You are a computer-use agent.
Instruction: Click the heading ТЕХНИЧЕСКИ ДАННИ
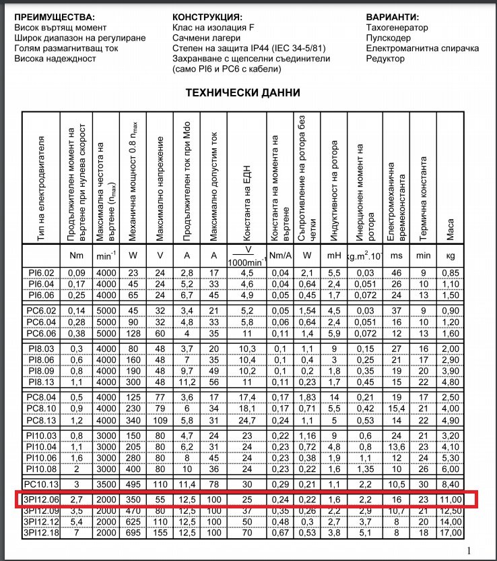click(242, 93)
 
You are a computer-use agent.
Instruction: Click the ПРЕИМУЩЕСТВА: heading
click(55, 16)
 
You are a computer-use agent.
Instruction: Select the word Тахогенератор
click(397, 28)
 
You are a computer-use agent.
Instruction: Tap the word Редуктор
click(385, 59)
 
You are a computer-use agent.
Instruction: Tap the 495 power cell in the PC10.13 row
click(133, 484)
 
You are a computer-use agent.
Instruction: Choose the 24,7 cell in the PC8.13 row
click(246, 419)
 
